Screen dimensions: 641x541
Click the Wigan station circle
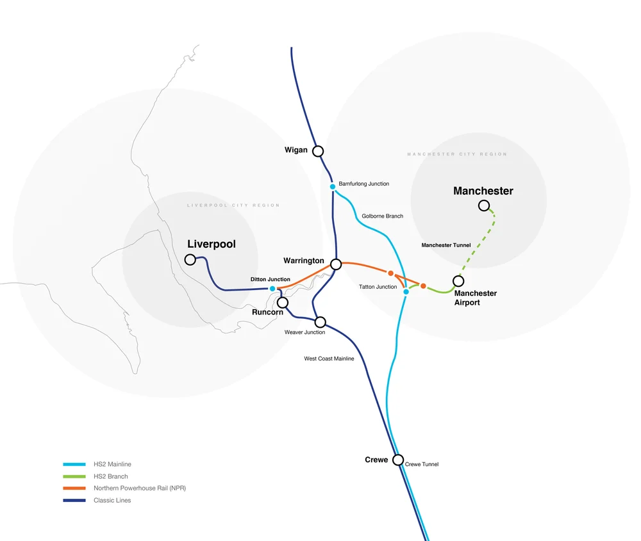click(x=318, y=151)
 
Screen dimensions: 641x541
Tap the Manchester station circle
click(x=484, y=206)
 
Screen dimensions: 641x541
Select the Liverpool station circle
click(x=190, y=259)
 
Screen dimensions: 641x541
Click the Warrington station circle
click(x=336, y=264)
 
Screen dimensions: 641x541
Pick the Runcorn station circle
click(x=283, y=302)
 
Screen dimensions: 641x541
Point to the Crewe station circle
click(x=398, y=460)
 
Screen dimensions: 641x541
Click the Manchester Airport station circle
click(x=458, y=280)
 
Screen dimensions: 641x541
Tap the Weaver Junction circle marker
click(x=320, y=321)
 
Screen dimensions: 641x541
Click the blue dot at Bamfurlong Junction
click(x=333, y=186)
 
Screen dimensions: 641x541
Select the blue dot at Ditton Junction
click(x=272, y=289)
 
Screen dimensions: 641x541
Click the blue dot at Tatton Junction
click(x=406, y=292)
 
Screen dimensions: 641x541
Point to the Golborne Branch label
click(x=382, y=216)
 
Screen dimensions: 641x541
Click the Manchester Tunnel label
click(x=445, y=245)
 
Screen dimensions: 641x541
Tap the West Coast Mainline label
click(x=329, y=359)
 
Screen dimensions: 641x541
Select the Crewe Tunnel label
click(x=422, y=464)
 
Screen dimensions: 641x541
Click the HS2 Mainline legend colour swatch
click(x=74, y=464)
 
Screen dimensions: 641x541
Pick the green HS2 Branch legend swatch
click(x=74, y=476)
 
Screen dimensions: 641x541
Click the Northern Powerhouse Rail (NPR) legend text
click(x=140, y=488)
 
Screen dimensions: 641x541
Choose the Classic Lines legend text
click(x=112, y=500)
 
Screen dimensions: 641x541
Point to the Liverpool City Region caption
click(x=233, y=206)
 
